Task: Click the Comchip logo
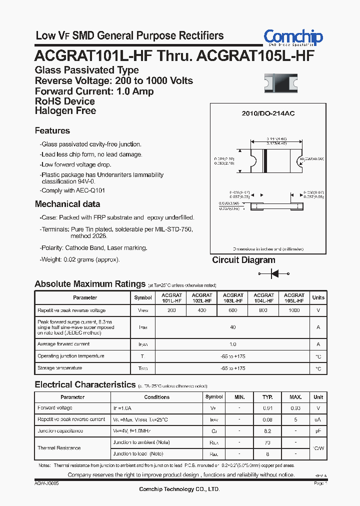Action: (x=293, y=37)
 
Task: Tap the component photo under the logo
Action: (x=280, y=83)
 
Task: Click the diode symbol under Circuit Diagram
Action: (x=274, y=273)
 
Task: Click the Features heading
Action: (x=52, y=130)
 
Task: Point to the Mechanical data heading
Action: (x=67, y=204)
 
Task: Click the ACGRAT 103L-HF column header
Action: (x=232, y=298)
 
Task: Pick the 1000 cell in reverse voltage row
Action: (x=294, y=310)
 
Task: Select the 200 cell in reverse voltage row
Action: (x=171, y=310)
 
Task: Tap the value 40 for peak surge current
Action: (x=232, y=327)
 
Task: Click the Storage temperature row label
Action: (x=59, y=368)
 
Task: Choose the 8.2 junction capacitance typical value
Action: (x=267, y=430)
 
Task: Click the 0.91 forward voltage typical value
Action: (x=267, y=408)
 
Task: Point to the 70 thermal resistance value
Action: (x=267, y=442)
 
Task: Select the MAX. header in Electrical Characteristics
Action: (x=295, y=397)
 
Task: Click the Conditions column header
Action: (x=156, y=397)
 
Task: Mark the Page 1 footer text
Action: (x=320, y=483)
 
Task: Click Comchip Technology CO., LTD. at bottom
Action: (x=179, y=489)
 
